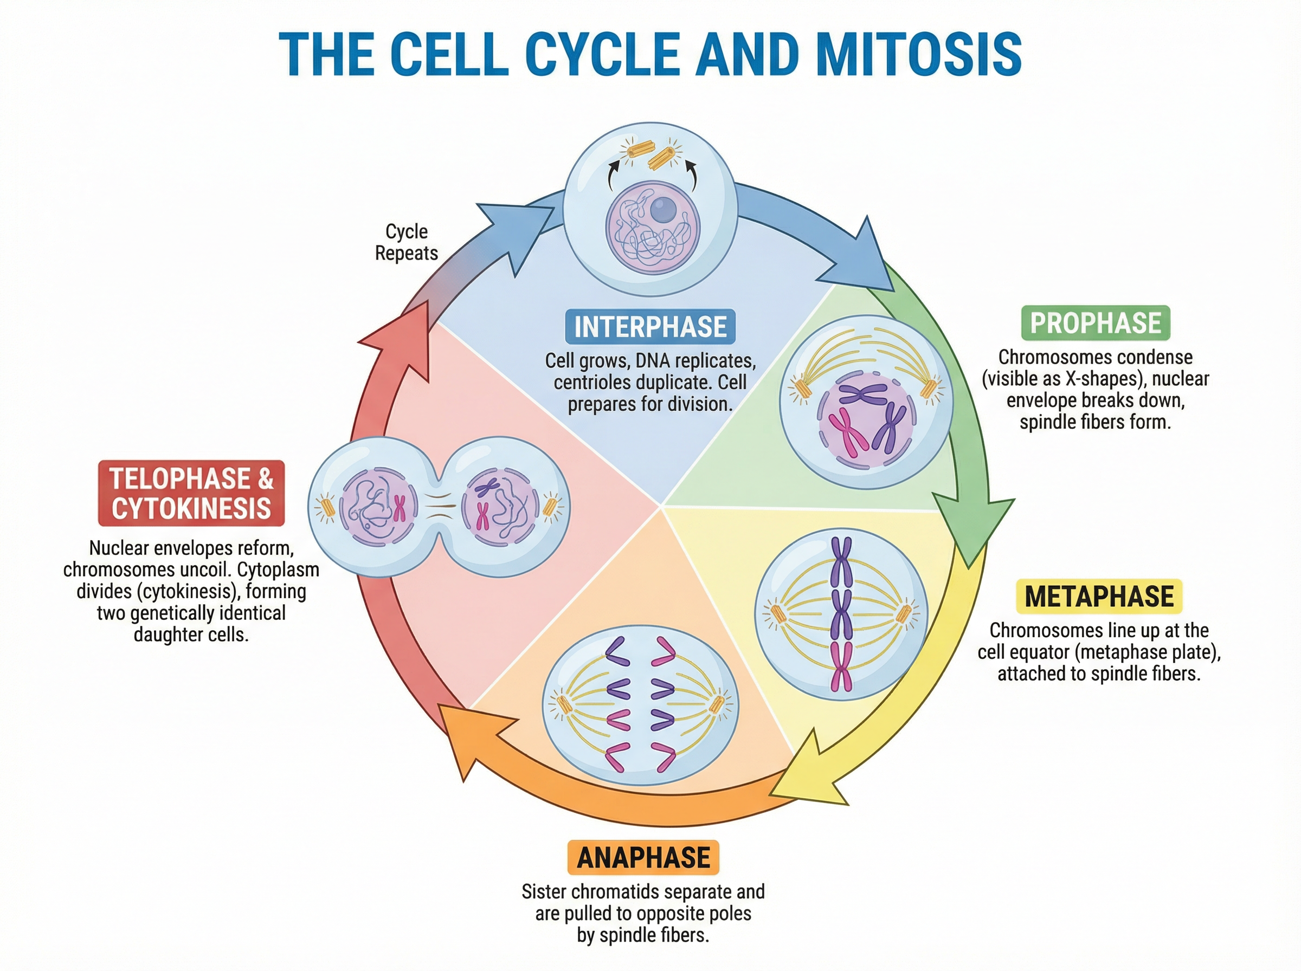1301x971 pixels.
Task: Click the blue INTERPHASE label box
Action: coord(649,326)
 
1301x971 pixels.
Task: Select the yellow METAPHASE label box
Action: coord(1099,596)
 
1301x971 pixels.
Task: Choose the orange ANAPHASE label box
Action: coord(643,858)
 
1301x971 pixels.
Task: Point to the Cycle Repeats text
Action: coord(406,242)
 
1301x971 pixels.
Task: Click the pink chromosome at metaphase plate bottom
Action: coord(841,666)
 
